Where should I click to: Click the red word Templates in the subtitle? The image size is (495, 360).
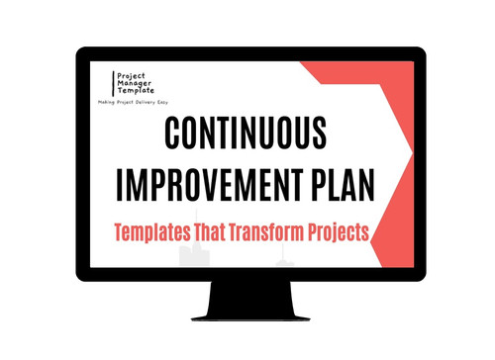point(148,233)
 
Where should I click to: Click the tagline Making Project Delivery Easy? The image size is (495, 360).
point(135,104)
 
